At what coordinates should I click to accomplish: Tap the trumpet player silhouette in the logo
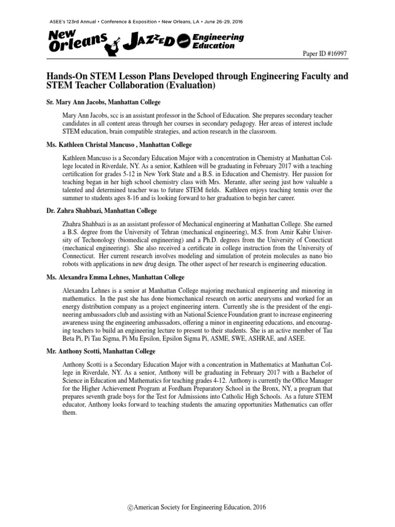click(x=111, y=45)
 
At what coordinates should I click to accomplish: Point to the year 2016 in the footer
click(x=258, y=507)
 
